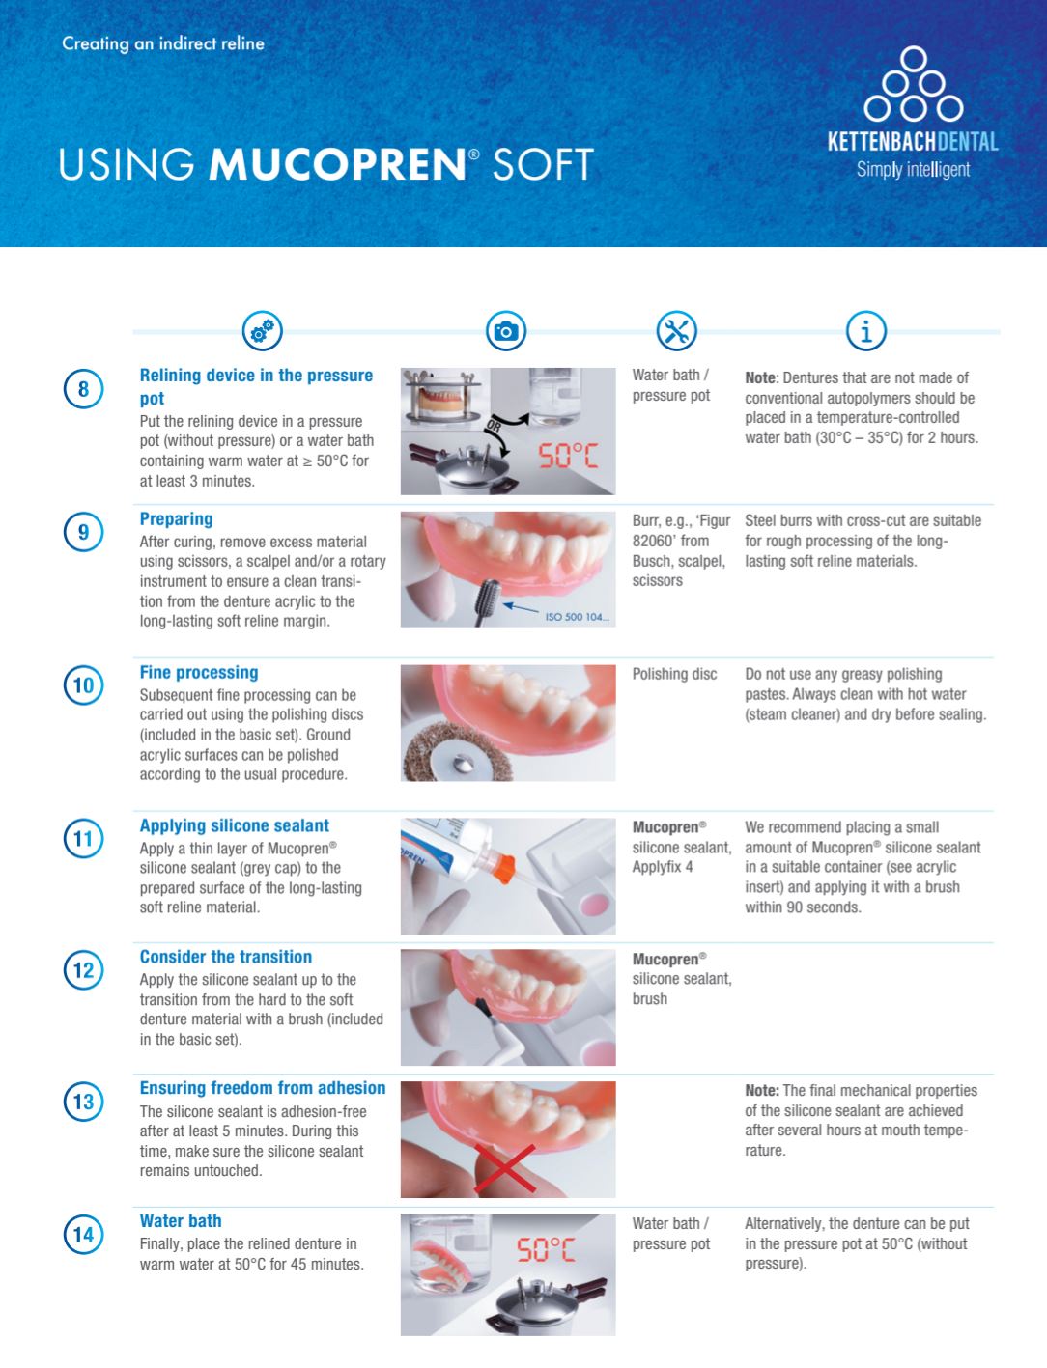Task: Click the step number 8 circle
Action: (x=84, y=389)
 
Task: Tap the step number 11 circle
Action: (x=84, y=838)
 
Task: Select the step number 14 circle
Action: (x=84, y=1234)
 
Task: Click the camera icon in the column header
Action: (x=506, y=330)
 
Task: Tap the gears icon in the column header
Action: (x=262, y=330)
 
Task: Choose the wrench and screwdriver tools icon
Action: (x=677, y=330)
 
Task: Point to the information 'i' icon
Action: (x=866, y=330)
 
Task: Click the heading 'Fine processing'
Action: (x=199, y=673)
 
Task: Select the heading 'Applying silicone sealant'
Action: (x=235, y=825)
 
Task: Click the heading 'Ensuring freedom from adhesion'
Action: (x=263, y=1087)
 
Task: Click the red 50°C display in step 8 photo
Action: (x=568, y=456)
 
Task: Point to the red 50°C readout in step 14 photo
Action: (x=546, y=1249)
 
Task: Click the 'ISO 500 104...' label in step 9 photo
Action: (x=577, y=617)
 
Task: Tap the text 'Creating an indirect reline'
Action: (x=163, y=43)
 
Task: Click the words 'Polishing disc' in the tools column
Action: (x=675, y=674)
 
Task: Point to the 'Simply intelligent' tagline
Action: (x=913, y=170)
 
